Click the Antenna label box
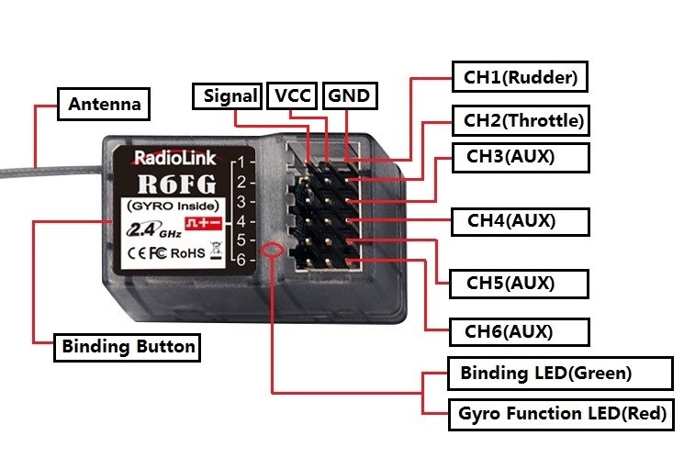coord(105,104)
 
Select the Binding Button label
coord(128,346)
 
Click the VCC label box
coord(293,95)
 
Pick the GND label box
coord(349,95)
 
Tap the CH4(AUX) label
coord(511,220)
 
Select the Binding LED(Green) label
coord(545,373)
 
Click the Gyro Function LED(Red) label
coord(561,413)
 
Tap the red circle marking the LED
coord(272,251)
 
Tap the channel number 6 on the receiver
coord(239,261)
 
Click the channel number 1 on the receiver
coord(239,162)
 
